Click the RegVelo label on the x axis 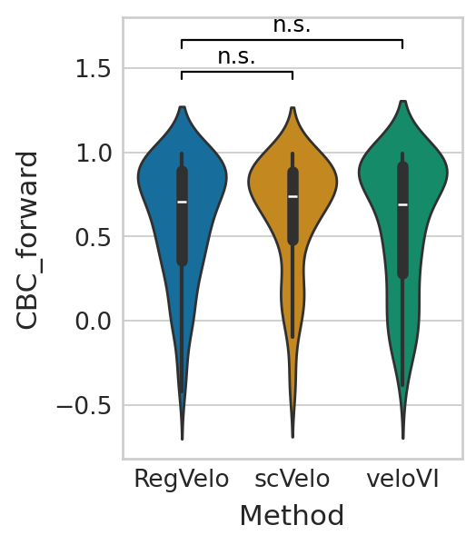point(182,480)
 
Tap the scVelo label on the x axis point(293,480)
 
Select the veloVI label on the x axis point(403,480)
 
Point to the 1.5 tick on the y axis point(93,68)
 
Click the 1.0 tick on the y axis point(93,153)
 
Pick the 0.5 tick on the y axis point(93,237)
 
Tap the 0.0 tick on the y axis point(93,321)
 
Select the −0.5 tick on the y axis point(84,405)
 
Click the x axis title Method point(292,515)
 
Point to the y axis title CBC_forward point(26,240)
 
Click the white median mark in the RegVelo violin point(183,202)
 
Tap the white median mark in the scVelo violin point(293,197)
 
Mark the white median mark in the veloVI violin point(403,204)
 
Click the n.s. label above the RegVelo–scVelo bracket point(236,56)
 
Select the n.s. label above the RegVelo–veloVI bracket point(292,25)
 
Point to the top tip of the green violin point(403,101)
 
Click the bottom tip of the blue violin point(183,440)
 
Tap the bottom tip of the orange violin point(293,437)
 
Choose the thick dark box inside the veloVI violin point(403,220)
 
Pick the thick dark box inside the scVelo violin point(293,206)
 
